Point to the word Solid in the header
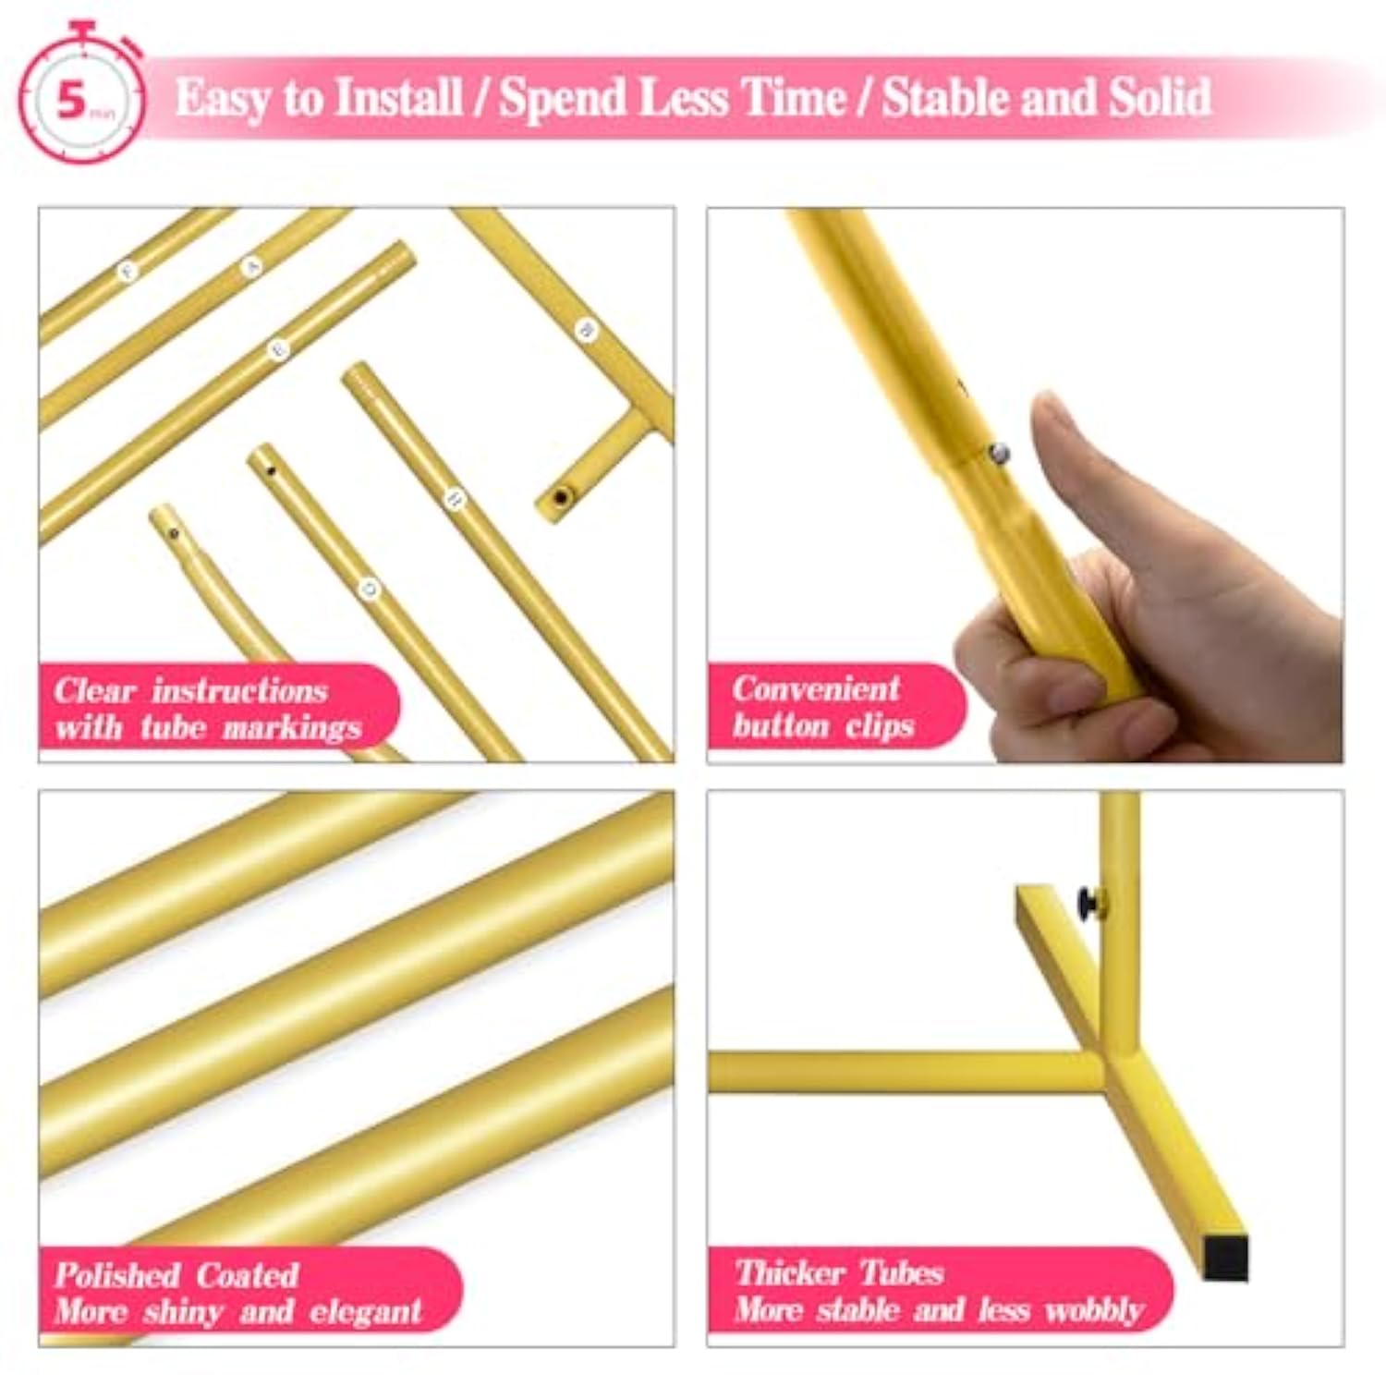tap(1160, 98)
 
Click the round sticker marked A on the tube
tap(251, 267)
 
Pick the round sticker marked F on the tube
tap(128, 271)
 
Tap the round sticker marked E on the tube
tap(279, 349)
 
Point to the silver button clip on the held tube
tap(998, 454)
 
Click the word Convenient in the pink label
tap(816, 688)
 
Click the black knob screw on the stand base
tap(1094, 903)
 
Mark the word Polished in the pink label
tap(116, 1275)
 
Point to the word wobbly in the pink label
tap(1094, 1310)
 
